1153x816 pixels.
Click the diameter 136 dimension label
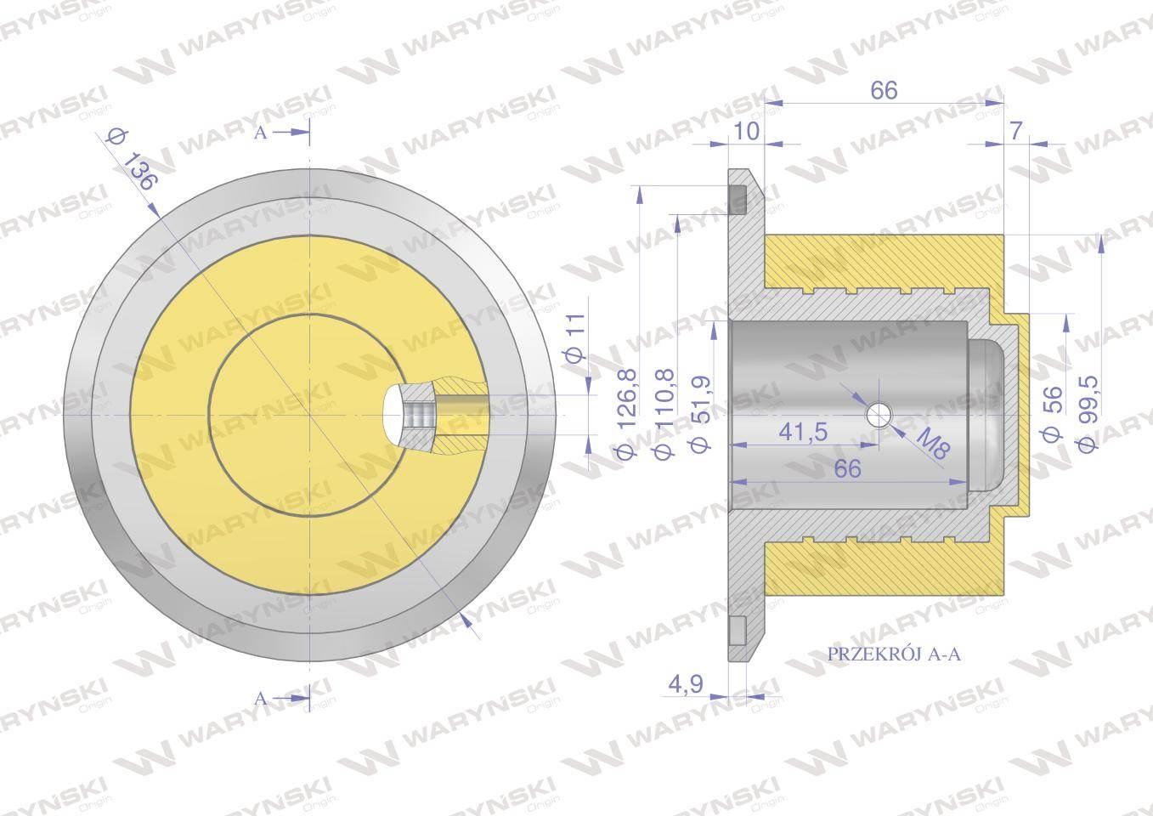point(130,161)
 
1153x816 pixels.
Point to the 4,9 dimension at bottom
point(686,684)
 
